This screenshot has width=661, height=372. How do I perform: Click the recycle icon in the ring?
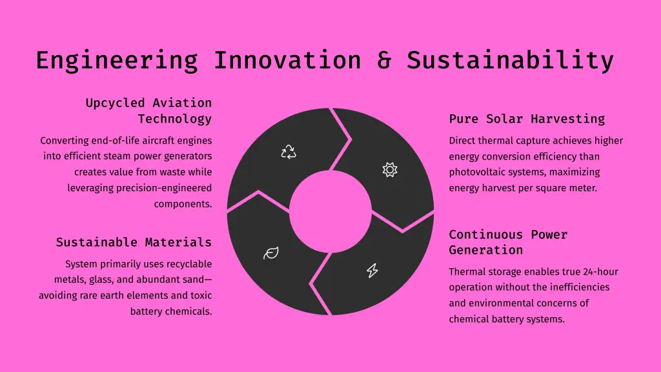tap(289, 152)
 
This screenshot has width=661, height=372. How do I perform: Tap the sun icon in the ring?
tap(390, 170)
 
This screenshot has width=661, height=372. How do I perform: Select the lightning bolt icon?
tap(372, 271)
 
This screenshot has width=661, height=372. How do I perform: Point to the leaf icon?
tap(271, 253)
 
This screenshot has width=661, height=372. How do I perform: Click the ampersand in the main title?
tap(384, 60)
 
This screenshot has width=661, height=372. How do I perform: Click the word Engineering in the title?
tap(117, 61)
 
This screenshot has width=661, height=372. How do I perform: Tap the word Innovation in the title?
tap(287, 60)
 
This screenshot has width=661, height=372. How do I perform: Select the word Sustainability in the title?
tap(510, 61)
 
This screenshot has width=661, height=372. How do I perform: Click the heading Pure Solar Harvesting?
tap(527, 119)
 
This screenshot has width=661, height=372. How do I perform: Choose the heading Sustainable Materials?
tap(134, 242)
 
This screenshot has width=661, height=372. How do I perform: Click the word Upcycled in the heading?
tap(115, 103)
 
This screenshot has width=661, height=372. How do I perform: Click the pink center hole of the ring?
tap(330, 211)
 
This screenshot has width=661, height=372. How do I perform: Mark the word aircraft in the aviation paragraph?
tap(159, 140)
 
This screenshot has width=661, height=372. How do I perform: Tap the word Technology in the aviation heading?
tap(175, 119)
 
